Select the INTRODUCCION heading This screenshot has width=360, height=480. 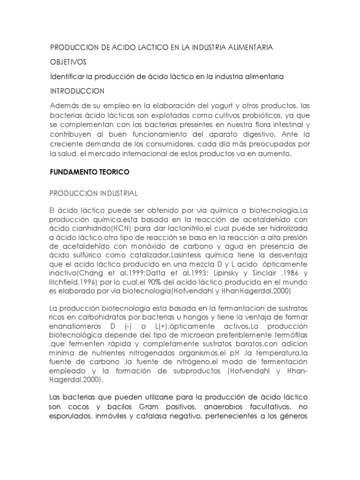77,90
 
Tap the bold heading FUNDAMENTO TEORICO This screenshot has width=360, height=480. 89,172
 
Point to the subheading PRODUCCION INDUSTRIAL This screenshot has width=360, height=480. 93,193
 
